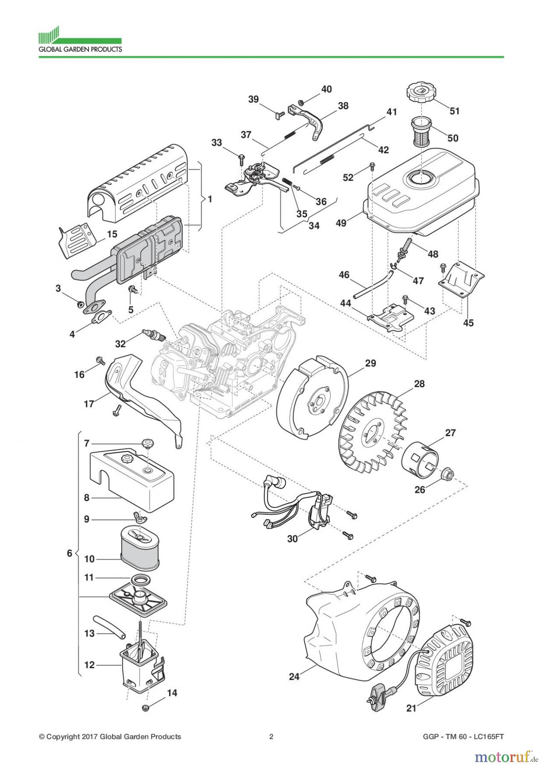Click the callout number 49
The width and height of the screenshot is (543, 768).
click(341, 222)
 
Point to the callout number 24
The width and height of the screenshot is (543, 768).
click(294, 676)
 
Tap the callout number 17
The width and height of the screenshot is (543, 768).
click(89, 403)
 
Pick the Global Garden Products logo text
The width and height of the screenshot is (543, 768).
click(80, 49)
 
